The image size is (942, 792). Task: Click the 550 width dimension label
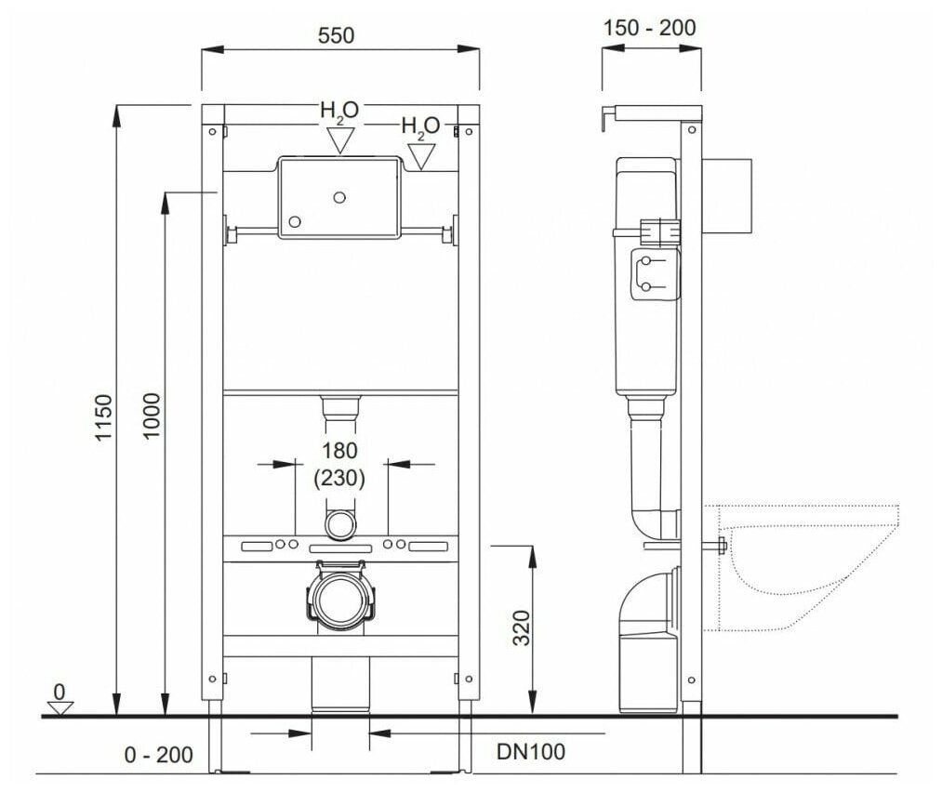coord(336,35)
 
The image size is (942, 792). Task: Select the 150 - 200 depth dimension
coord(649,28)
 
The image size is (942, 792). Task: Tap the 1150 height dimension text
coord(103,418)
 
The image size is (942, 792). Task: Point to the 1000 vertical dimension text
coord(152,416)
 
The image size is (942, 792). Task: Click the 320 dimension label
coord(522,628)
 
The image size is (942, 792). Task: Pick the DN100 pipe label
coord(531,751)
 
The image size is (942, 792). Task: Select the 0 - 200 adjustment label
coord(159,755)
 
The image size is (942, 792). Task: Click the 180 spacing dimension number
coord(339,450)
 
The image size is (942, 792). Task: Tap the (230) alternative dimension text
coord(339,478)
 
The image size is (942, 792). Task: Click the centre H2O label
coord(339,111)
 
